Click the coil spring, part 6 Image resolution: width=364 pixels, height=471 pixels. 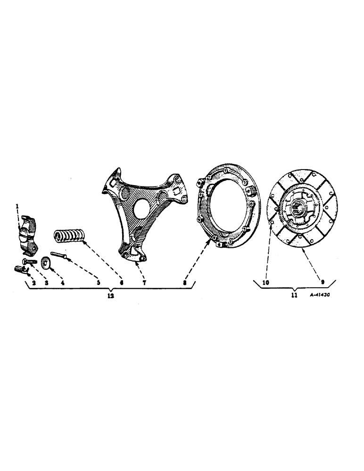pyautogui.click(x=69, y=235)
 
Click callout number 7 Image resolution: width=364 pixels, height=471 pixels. pyautogui.click(x=145, y=283)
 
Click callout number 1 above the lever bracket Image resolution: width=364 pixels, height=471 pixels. pyautogui.click(x=17, y=206)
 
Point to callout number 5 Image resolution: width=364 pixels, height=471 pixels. pyautogui.click(x=98, y=283)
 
